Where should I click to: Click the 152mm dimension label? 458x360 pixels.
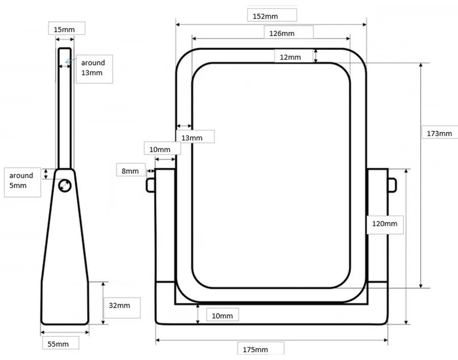265,16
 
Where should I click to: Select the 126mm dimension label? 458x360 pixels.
281,34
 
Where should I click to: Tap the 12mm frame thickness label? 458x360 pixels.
290,57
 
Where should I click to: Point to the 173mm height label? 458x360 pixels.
439,134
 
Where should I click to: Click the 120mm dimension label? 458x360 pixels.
384,224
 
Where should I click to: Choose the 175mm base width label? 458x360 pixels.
255,349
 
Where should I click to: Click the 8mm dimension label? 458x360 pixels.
130,171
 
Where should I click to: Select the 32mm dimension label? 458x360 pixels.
119,306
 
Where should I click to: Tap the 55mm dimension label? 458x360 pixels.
58,344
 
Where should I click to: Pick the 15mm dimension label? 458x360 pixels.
64,29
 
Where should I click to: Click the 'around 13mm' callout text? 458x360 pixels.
93,68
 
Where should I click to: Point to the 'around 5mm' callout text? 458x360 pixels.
21,181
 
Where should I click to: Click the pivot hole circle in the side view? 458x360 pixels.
65,186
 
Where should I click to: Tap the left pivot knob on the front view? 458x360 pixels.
150,185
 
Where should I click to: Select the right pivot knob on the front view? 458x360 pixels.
392,185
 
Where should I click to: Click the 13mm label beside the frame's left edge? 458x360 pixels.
192,138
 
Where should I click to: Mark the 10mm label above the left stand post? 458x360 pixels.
159,149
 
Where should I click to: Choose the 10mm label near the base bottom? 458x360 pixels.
222,316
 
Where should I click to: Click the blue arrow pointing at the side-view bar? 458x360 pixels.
70,61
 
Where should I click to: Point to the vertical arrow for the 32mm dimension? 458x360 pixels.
103,303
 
